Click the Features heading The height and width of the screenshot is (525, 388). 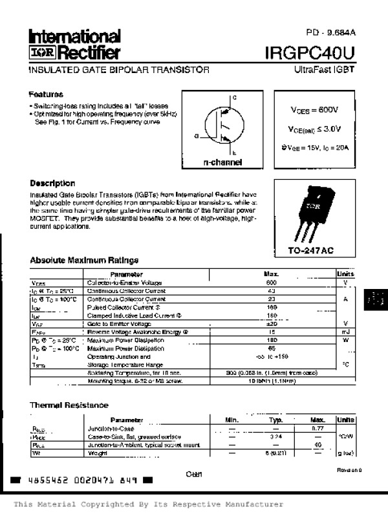tap(46, 94)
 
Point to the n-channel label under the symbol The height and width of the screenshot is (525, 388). tap(222, 162)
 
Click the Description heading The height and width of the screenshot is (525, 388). tap(52, 183)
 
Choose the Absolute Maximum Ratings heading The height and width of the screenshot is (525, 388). tap(84, 261)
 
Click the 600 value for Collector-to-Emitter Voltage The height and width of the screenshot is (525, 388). tap(271, 283)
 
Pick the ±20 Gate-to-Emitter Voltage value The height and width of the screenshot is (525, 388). tap(272, 323)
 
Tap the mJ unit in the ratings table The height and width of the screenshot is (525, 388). tap(345, 331)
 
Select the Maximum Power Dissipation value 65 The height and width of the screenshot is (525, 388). tap(272, 348)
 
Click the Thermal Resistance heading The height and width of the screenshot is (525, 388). tap(69, 405)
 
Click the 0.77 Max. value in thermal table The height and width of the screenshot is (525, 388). tap(318, 428)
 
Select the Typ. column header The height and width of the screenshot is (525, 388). tap(276, 420)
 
